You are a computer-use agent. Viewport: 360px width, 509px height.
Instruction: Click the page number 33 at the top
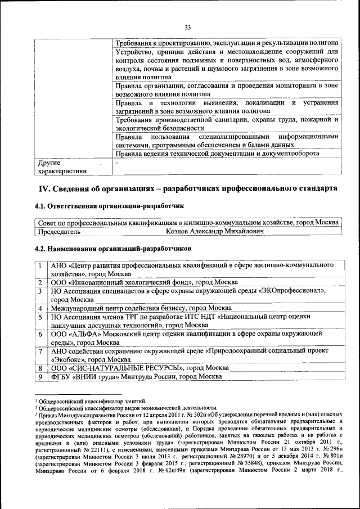click(x=188, y=26)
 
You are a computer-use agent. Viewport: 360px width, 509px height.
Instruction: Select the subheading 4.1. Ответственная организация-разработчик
click(x=109, y=206)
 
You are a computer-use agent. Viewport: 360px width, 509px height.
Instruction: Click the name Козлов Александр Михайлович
click(x=215, y=231)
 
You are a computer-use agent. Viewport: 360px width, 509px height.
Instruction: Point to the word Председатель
click(x=59, y=231)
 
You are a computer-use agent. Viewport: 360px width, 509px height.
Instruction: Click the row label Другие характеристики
click(x=62, y=167)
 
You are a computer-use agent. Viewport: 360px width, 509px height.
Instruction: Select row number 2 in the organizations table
click(x=40, y=282)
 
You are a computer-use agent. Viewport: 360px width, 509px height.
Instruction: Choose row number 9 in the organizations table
click(x=40, y=376)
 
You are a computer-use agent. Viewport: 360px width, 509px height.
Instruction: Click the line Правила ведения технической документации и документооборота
click(x=217, y=154)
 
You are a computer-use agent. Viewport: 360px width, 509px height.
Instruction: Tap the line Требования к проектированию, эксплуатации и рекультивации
click(x=226, y=43)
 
